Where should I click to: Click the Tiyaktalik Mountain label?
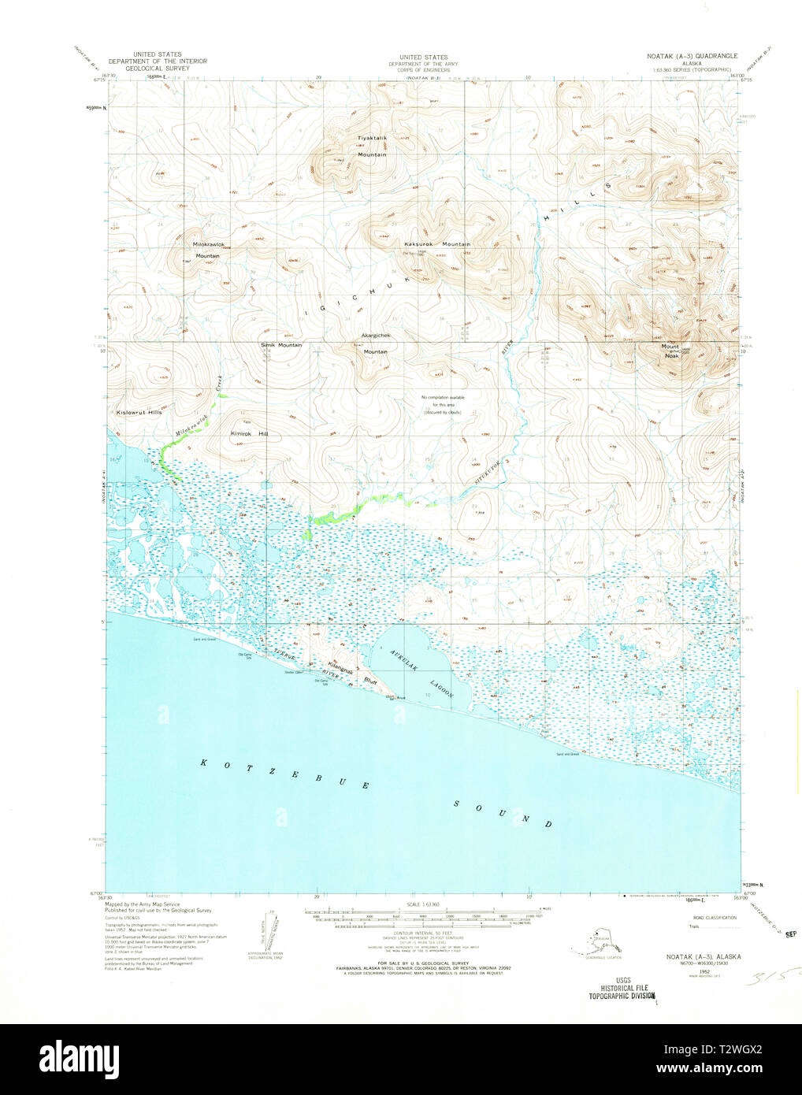coord(373,146)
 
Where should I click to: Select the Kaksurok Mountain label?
coord(436,244)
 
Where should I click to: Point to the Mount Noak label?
coord(670,351)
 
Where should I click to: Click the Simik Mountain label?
coord(281,345)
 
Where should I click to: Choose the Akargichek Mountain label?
coord(376,343)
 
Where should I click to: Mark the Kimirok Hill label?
coord(249,433)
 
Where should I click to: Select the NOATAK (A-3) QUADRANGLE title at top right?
coord(685,57)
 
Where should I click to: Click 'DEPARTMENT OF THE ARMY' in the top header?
coord(423,64)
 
